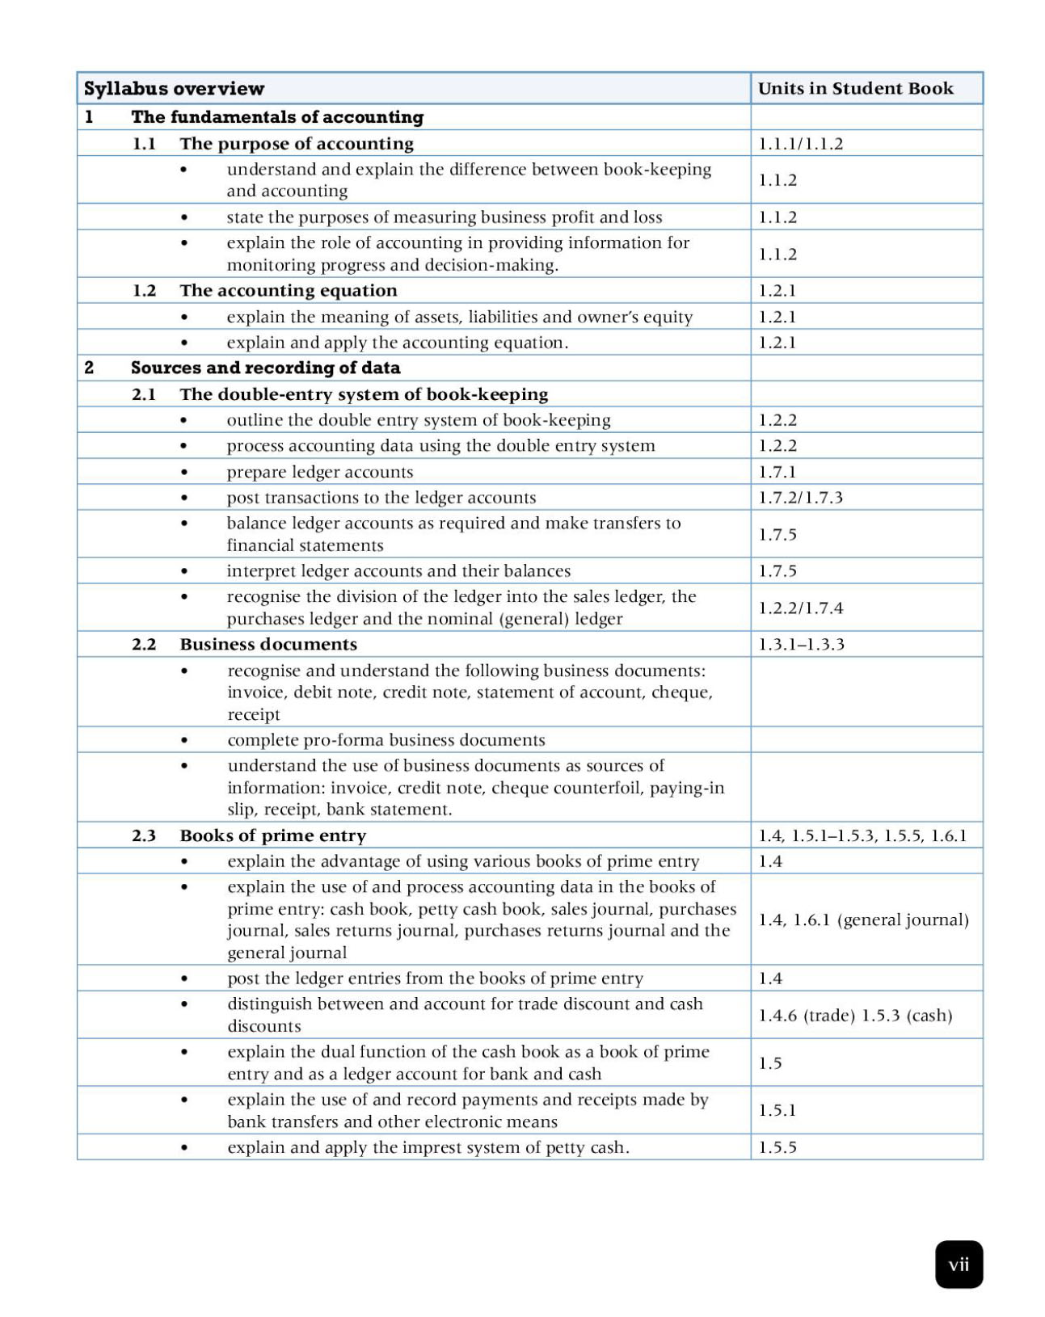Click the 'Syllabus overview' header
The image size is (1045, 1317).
[174, 89]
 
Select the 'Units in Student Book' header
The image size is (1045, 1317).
[855, 89]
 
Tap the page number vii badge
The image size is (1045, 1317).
[959, 1264]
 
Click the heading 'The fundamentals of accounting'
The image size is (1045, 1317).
[277, 117]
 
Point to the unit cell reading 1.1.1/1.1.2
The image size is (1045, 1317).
[800, 144]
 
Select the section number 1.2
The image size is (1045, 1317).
[144, 291]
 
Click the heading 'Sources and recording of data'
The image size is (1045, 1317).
[265, 368]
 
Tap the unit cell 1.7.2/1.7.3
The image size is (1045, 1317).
[800, 498]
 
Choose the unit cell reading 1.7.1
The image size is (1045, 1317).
[777, 472]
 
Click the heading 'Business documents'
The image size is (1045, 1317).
[268, 645]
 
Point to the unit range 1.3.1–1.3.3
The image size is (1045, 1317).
[801, 645]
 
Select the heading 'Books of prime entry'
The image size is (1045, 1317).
[272, 835]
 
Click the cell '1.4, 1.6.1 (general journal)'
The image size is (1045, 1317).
[862, 919]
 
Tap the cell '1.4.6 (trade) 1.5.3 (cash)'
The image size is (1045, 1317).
[855, 1016]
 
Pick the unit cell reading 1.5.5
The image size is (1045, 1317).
[777, 1147]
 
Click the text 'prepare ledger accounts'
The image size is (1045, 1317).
[319, 472]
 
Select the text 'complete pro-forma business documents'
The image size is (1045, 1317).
[386, 740]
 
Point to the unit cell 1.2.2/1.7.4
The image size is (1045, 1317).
[800, 608]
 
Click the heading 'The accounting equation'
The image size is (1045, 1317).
[289, 291]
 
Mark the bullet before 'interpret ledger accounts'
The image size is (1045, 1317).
[184, 571]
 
